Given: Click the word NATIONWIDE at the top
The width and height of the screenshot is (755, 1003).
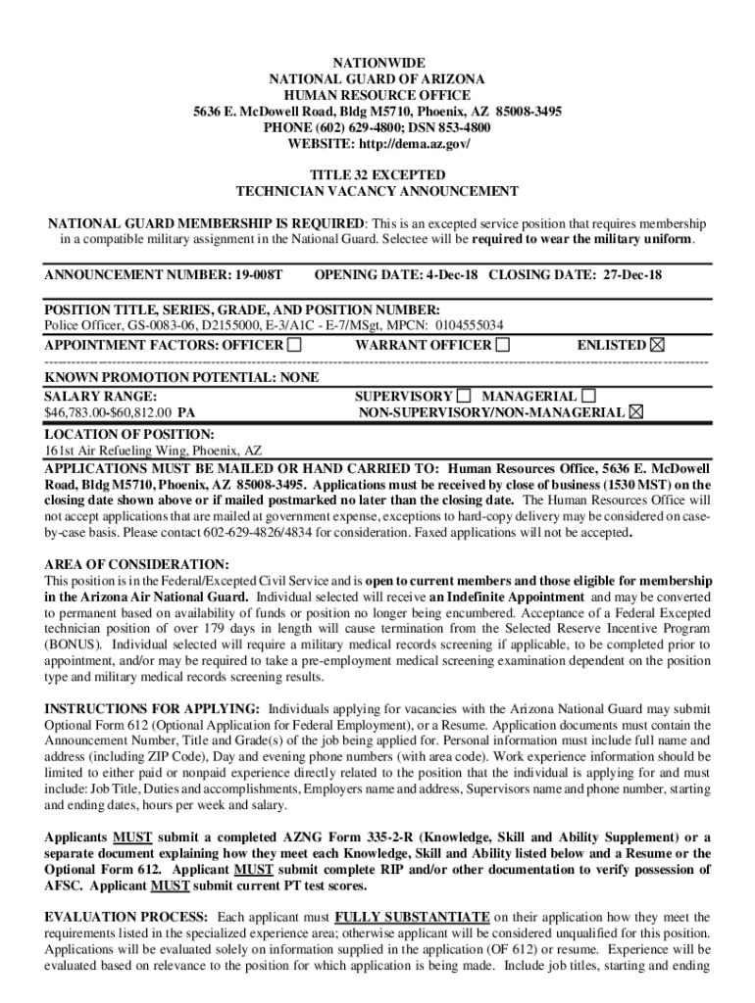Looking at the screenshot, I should [377, 63].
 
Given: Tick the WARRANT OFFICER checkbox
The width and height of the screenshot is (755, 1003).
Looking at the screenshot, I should [503, 345].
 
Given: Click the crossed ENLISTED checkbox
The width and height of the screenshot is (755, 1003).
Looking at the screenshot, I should [656, 345].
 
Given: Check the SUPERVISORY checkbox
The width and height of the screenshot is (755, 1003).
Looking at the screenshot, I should [464, 396].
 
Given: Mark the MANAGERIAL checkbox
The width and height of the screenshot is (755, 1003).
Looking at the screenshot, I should [588, 396].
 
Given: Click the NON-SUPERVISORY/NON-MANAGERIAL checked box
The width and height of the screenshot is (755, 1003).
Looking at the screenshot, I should [636, 412].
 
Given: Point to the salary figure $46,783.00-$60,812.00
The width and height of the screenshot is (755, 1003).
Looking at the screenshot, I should [109, 413].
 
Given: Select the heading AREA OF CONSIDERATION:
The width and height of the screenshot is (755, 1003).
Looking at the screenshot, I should [136, 565].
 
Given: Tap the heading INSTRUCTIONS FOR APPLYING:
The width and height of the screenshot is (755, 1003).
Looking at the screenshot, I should [152, 708].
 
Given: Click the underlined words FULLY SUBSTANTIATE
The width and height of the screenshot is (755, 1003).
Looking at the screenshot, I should [412, 917].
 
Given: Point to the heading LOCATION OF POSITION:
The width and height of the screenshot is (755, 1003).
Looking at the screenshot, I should [129, 433].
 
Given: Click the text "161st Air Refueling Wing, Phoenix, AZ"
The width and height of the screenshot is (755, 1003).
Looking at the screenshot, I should [153, 451].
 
